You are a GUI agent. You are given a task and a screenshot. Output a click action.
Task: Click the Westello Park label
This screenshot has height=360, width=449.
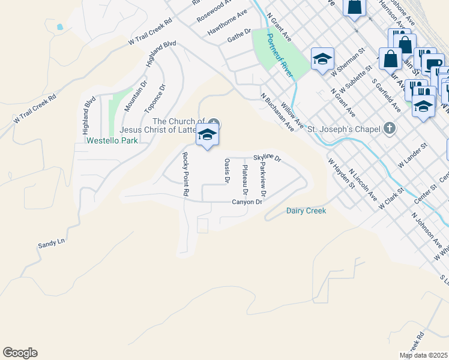tap(112, 140)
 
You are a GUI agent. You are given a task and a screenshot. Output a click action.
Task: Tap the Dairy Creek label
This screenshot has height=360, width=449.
tap(306, 211)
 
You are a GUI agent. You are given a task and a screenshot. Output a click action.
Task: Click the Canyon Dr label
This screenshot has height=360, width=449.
tap(247, 202)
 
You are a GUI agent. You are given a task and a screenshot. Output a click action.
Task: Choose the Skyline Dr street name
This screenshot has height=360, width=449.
tap(267, 158)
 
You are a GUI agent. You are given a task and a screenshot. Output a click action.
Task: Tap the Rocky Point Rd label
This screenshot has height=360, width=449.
tap(185, 175)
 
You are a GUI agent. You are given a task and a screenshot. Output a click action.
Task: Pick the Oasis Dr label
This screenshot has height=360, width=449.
tap(227, 170)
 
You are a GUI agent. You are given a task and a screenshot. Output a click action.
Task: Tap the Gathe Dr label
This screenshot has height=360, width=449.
tap(239, 35)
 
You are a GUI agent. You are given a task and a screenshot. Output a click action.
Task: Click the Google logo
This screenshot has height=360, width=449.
tap(20, 353)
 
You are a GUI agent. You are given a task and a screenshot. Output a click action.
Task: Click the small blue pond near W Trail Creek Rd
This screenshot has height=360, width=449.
tap(59, 27)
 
